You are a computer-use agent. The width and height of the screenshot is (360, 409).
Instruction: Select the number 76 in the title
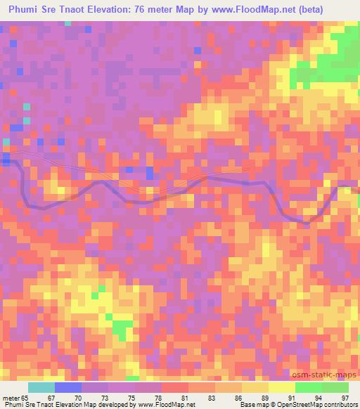pos(165,11)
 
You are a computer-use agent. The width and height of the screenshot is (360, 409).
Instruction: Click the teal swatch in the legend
pos(41,387)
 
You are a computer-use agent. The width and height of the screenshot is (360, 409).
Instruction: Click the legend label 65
pos(26,398)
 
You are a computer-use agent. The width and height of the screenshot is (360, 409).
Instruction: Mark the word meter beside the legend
pos(11,398)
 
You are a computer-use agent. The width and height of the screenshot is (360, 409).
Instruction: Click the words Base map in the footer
pos(252,405)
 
